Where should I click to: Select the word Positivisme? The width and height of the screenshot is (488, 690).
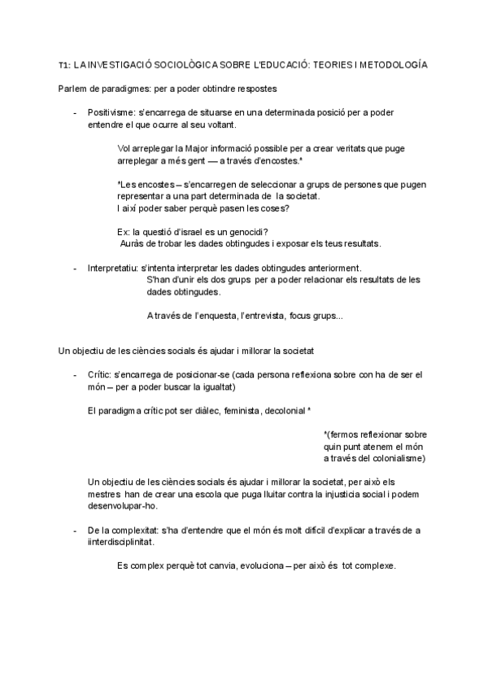click(111, 112)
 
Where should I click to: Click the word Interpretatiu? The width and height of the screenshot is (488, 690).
click(112, 269)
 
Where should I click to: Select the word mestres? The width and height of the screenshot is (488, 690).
click(104, 495)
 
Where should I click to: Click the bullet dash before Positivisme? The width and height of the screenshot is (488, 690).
click(75, 112)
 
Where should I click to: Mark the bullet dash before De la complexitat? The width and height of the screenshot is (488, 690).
click(75, 531)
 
